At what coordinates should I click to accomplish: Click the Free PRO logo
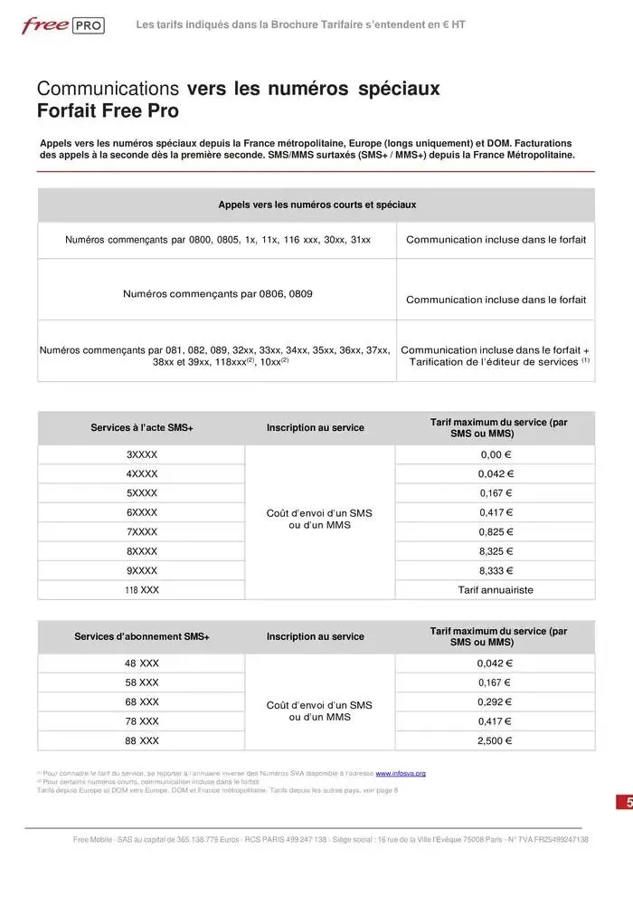click(x=62, y=25)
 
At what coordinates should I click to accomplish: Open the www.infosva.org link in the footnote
click(x=401, y=773)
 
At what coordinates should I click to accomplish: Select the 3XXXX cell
click(x=141, y=454)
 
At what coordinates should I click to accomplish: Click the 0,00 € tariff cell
click(x=495, y=454)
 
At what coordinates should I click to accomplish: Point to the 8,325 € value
click(x=495, y=550)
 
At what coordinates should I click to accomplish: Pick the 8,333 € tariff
click(x=495, y=570)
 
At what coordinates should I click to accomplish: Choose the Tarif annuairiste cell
click(x=495, y=589)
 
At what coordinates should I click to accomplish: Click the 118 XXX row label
click(x=141, y=589)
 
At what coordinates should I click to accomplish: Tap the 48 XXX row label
click(x=141, y=663)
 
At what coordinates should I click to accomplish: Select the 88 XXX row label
click(x=141, y=740)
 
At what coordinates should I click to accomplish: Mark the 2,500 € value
click(x=495, y=740)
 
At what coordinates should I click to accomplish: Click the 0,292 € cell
click(x=495, y=701)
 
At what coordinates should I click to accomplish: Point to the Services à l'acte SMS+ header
click(x=141, y=427)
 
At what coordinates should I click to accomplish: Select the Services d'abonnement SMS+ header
click(x=141, y=636)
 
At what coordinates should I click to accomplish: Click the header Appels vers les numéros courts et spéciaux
click(x=316, y=205)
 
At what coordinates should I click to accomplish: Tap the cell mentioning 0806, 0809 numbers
click(x=217, y=294)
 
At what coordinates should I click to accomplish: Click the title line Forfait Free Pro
click(x=108, y=111)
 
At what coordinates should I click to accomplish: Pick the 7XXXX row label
click(x=141, y=531)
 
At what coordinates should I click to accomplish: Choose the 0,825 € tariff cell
click(x=495, y=531)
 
